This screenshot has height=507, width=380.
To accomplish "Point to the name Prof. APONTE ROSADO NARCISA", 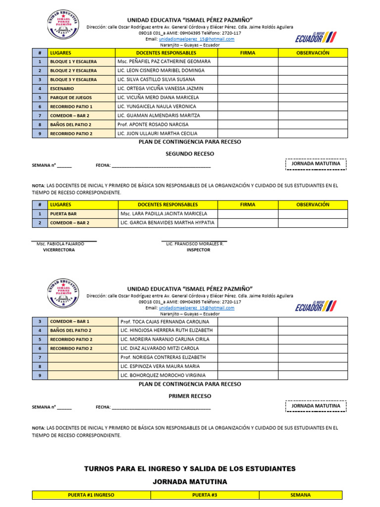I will pos(153,124).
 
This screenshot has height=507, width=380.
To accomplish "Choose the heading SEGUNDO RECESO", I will pos(190,154).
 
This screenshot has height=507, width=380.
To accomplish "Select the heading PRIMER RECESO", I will pos(190,396).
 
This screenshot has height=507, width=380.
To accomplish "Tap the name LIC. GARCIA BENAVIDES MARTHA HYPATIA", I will pos(167,223).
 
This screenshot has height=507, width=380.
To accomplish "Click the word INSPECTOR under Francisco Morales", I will pos(198,250).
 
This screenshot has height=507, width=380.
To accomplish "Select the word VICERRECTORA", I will pos(59,250).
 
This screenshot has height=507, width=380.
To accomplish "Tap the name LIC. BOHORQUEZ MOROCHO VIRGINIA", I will pos(163,375).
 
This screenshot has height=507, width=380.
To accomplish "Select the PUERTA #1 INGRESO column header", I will pos(91,495).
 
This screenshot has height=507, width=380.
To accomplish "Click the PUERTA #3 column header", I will pos(204,495).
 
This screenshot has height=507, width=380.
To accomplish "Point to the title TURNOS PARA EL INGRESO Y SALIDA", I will pos(190,468).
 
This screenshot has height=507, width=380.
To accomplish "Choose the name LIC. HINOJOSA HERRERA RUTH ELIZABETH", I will pos(166,330).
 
